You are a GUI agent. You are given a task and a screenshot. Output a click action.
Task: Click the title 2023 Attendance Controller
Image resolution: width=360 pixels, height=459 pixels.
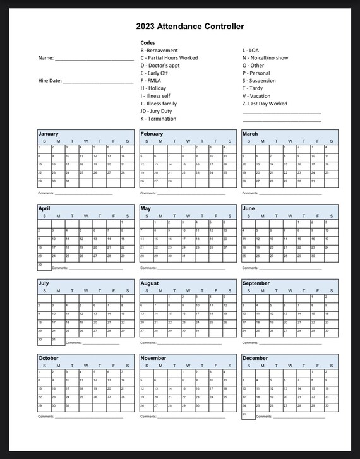189,27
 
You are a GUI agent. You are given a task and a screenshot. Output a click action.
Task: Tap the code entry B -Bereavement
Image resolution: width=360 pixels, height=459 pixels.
159,51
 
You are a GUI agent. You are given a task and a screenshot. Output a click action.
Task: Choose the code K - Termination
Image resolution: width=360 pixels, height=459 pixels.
159,119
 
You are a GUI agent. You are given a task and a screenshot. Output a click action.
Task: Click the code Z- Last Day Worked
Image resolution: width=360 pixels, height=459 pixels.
265,104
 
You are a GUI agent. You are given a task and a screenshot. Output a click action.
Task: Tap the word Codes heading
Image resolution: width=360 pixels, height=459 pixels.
148,43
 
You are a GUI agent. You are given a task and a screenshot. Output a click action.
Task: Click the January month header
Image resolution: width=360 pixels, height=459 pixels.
49,134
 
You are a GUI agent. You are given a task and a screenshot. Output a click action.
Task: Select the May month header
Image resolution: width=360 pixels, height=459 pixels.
146,208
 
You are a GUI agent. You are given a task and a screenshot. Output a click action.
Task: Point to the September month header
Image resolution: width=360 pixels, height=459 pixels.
256,283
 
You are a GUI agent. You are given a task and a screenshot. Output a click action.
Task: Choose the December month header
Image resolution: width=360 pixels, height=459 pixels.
255,358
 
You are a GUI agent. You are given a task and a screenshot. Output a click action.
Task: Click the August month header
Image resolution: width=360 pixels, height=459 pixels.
150,283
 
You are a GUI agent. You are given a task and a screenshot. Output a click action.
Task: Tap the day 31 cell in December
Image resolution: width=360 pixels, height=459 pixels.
248,415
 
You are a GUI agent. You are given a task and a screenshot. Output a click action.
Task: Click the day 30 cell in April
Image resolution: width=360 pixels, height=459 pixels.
44,265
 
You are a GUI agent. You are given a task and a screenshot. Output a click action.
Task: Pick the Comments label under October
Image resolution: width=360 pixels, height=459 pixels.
46,417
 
